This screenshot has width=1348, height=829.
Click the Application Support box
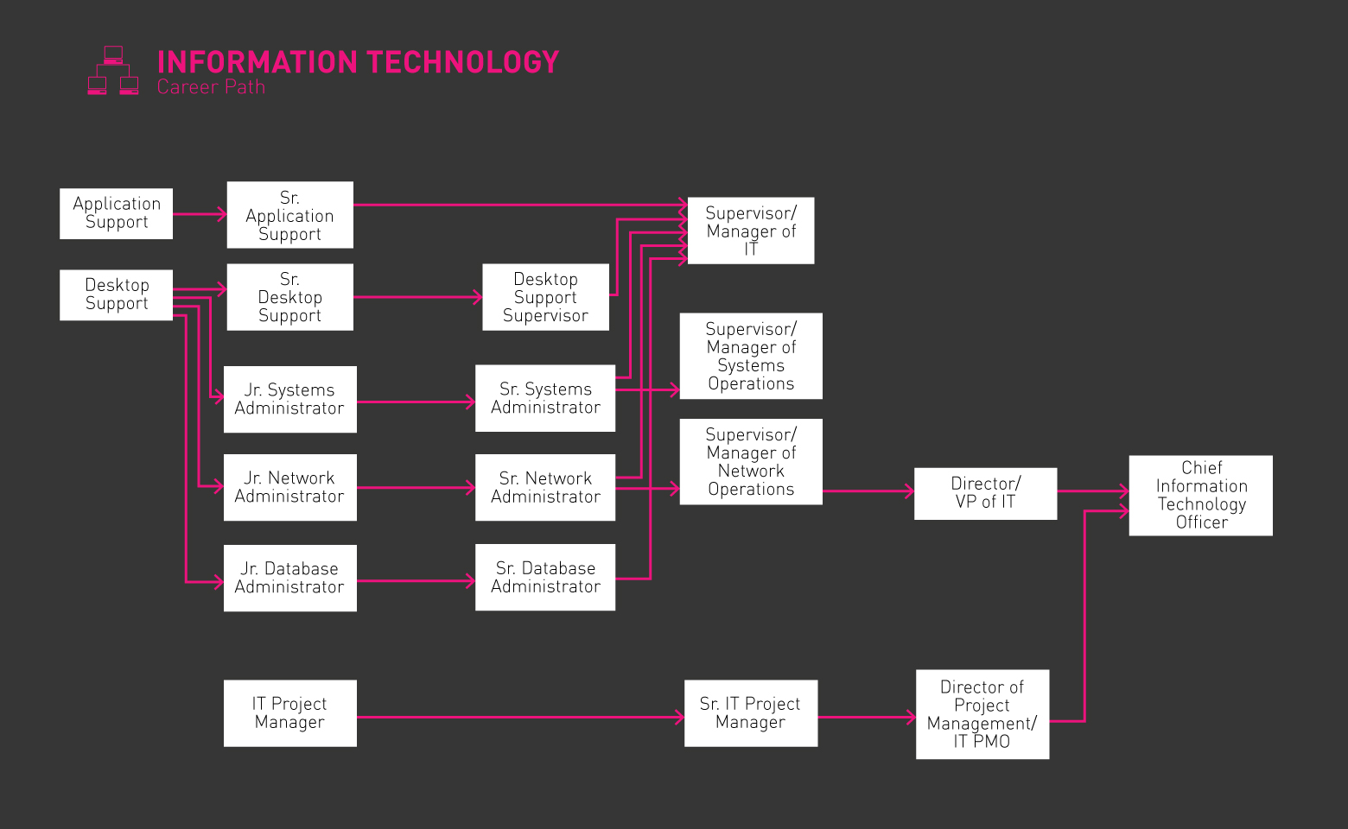click(116, 213)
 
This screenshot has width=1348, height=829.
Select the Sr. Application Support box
click(289, 215)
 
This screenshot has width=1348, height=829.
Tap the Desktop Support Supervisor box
click(545, 297)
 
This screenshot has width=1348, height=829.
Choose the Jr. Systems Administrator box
click(289, 399)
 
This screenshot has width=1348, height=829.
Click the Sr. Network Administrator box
click(545, 487)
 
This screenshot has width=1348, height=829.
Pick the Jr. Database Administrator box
click(289, 578)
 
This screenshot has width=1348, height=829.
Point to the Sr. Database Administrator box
click(545, 577)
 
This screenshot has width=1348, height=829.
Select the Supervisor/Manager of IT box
click(750, 231)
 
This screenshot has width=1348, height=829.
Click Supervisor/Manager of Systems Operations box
click(750, 356)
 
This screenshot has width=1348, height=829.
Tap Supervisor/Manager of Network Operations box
click(750, 461)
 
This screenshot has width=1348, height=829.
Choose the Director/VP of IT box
click(985, 493)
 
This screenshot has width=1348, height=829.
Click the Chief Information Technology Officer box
click(1200, 495)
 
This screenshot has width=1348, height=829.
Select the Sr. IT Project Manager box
click(750, 713)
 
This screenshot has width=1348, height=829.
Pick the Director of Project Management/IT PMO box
click(982, 714)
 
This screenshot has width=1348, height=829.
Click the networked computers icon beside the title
click(113, 71)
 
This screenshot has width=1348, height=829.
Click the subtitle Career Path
click(211, 87)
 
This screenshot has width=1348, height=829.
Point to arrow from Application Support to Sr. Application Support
click(200, 214)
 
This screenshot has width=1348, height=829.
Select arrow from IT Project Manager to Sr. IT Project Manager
click(518, 717)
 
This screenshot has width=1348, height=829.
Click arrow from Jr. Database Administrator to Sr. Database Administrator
click(416, 581)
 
